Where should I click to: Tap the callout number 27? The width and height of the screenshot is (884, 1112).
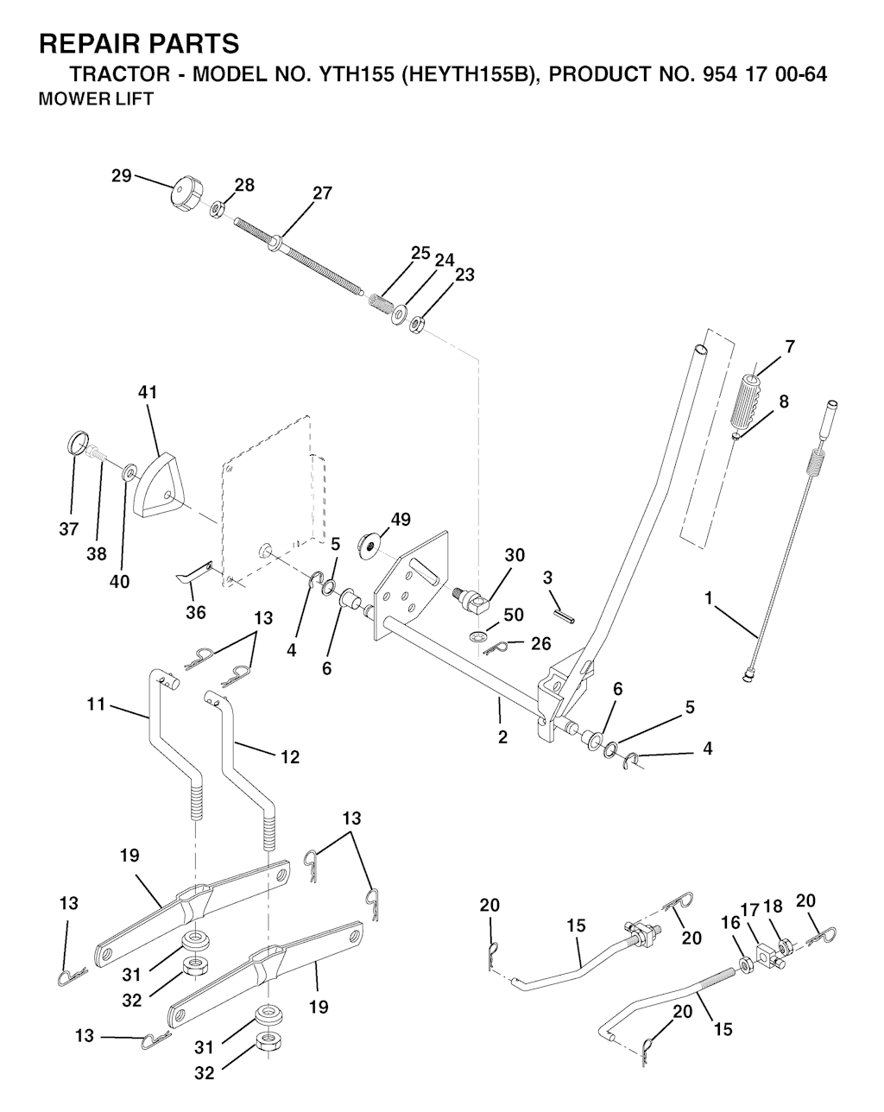pos(322,193)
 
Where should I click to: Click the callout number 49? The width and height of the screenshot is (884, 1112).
pos(401,520)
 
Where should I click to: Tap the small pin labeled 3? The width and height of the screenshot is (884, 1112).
pos(565,616)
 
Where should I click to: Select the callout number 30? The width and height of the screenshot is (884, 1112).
pos(515,555)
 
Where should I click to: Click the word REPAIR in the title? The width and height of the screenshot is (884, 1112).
pos(88,43)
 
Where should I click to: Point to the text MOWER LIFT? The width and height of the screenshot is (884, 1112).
pos(96,98)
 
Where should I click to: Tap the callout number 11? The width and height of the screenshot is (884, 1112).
pos(96,704)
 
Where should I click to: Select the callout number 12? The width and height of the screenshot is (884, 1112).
pos(290,757)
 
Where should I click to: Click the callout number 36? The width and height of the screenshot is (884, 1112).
pos(196,613)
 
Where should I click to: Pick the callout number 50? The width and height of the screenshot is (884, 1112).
pos(514,615)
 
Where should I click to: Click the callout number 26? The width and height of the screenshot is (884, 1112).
pos(541,643)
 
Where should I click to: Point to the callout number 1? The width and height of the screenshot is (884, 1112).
pos(709,598)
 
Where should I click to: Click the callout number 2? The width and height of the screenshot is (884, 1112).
pos(502,737)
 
